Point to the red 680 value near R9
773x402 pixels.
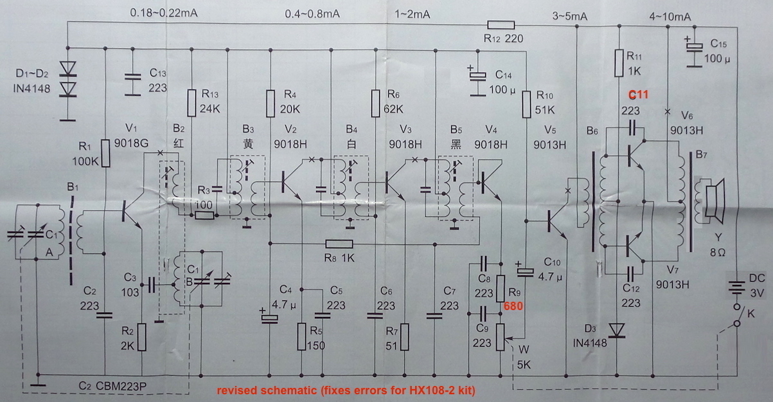513,307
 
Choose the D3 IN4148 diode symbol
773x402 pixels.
618,329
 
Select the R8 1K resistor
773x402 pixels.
339,243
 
